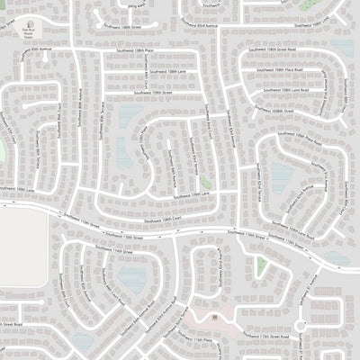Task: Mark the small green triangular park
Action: [x=261, y=265]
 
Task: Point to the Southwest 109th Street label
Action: [x=151, y=92]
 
